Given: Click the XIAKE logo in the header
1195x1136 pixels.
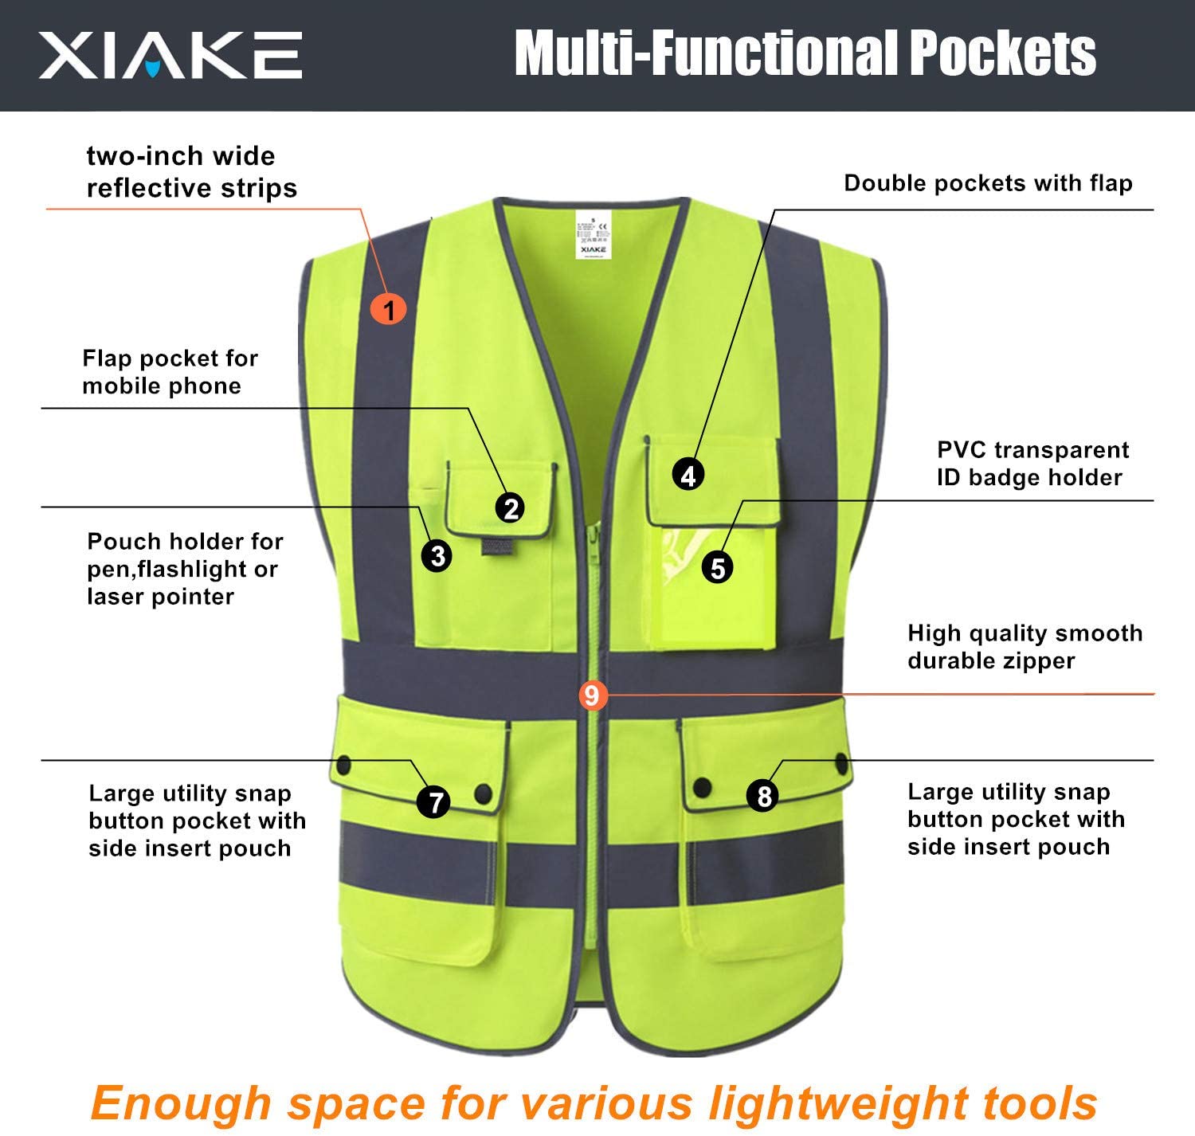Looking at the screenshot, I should [170, 55].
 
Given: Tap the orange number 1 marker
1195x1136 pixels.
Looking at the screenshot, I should [389, 309].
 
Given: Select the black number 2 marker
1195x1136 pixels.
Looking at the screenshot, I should [511, 508].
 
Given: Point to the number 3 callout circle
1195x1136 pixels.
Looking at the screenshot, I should [437, 555].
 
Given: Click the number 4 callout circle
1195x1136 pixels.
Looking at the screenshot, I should [688, 475].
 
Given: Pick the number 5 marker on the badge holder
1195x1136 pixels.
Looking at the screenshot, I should [718, 568].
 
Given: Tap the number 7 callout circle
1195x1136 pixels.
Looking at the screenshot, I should [435, 802].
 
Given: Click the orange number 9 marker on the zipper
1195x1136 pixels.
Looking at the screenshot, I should [591, 695].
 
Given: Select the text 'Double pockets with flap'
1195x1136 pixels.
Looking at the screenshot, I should [988, 183].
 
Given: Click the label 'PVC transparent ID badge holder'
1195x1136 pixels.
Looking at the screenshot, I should [1032, 464].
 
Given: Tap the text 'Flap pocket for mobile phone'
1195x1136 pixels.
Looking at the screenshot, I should [170, 372].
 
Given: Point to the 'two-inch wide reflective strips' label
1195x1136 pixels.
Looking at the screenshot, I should [191, 172].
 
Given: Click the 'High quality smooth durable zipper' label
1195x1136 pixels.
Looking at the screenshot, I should [1025, 647].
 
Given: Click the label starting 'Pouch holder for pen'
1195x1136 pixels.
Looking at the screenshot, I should [185, 569].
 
